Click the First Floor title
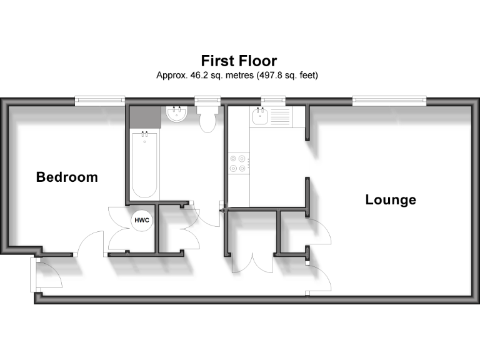(x=239, y=61)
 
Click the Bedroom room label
(x=67, y=177)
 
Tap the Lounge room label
(x=391, y=200)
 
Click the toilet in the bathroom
(x=206, y=119)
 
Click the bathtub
(x=145, y=162)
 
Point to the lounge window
(x=389, y=99)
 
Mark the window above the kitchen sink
(x=273, y=99)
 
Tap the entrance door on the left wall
(x=44, y=275)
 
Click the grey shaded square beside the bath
(x=146, y=117)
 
